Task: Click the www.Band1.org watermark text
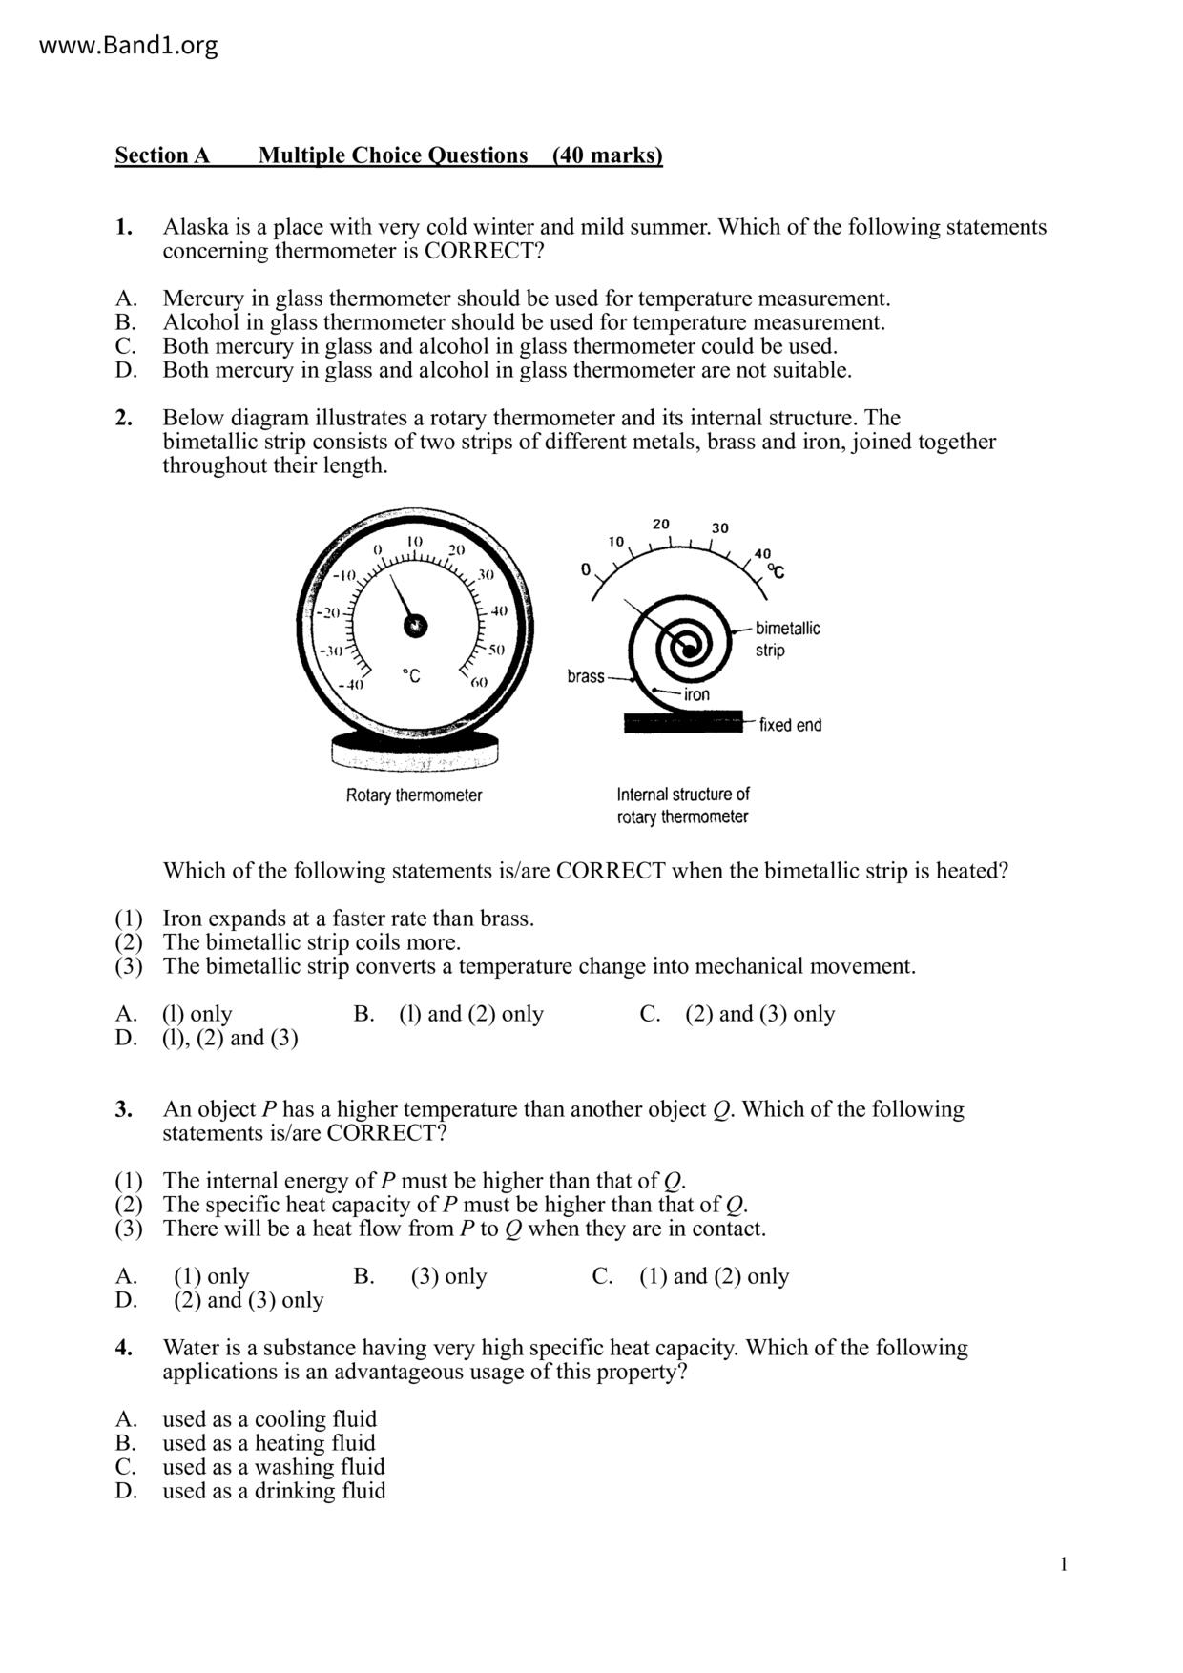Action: pos(129,46)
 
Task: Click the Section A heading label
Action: pos(162,155)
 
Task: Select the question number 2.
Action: pos(124,418)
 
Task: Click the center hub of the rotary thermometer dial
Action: pos(415,625)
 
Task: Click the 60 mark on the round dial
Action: pos(478,682)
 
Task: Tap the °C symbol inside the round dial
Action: pos(410,676)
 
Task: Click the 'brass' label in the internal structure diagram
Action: pos(585,676)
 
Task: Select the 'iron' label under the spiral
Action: pos(696,694)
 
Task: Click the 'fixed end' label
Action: pos(790,725)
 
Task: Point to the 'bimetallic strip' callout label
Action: pos(787,639)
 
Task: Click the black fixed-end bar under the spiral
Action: pos(682,723)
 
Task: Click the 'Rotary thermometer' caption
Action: pos(414,795)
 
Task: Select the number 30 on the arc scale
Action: pos(719,527)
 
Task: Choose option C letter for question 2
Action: pos(650,1014)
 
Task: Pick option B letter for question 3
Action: pos(363,1276)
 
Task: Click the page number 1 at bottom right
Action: pos(1064,1564)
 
